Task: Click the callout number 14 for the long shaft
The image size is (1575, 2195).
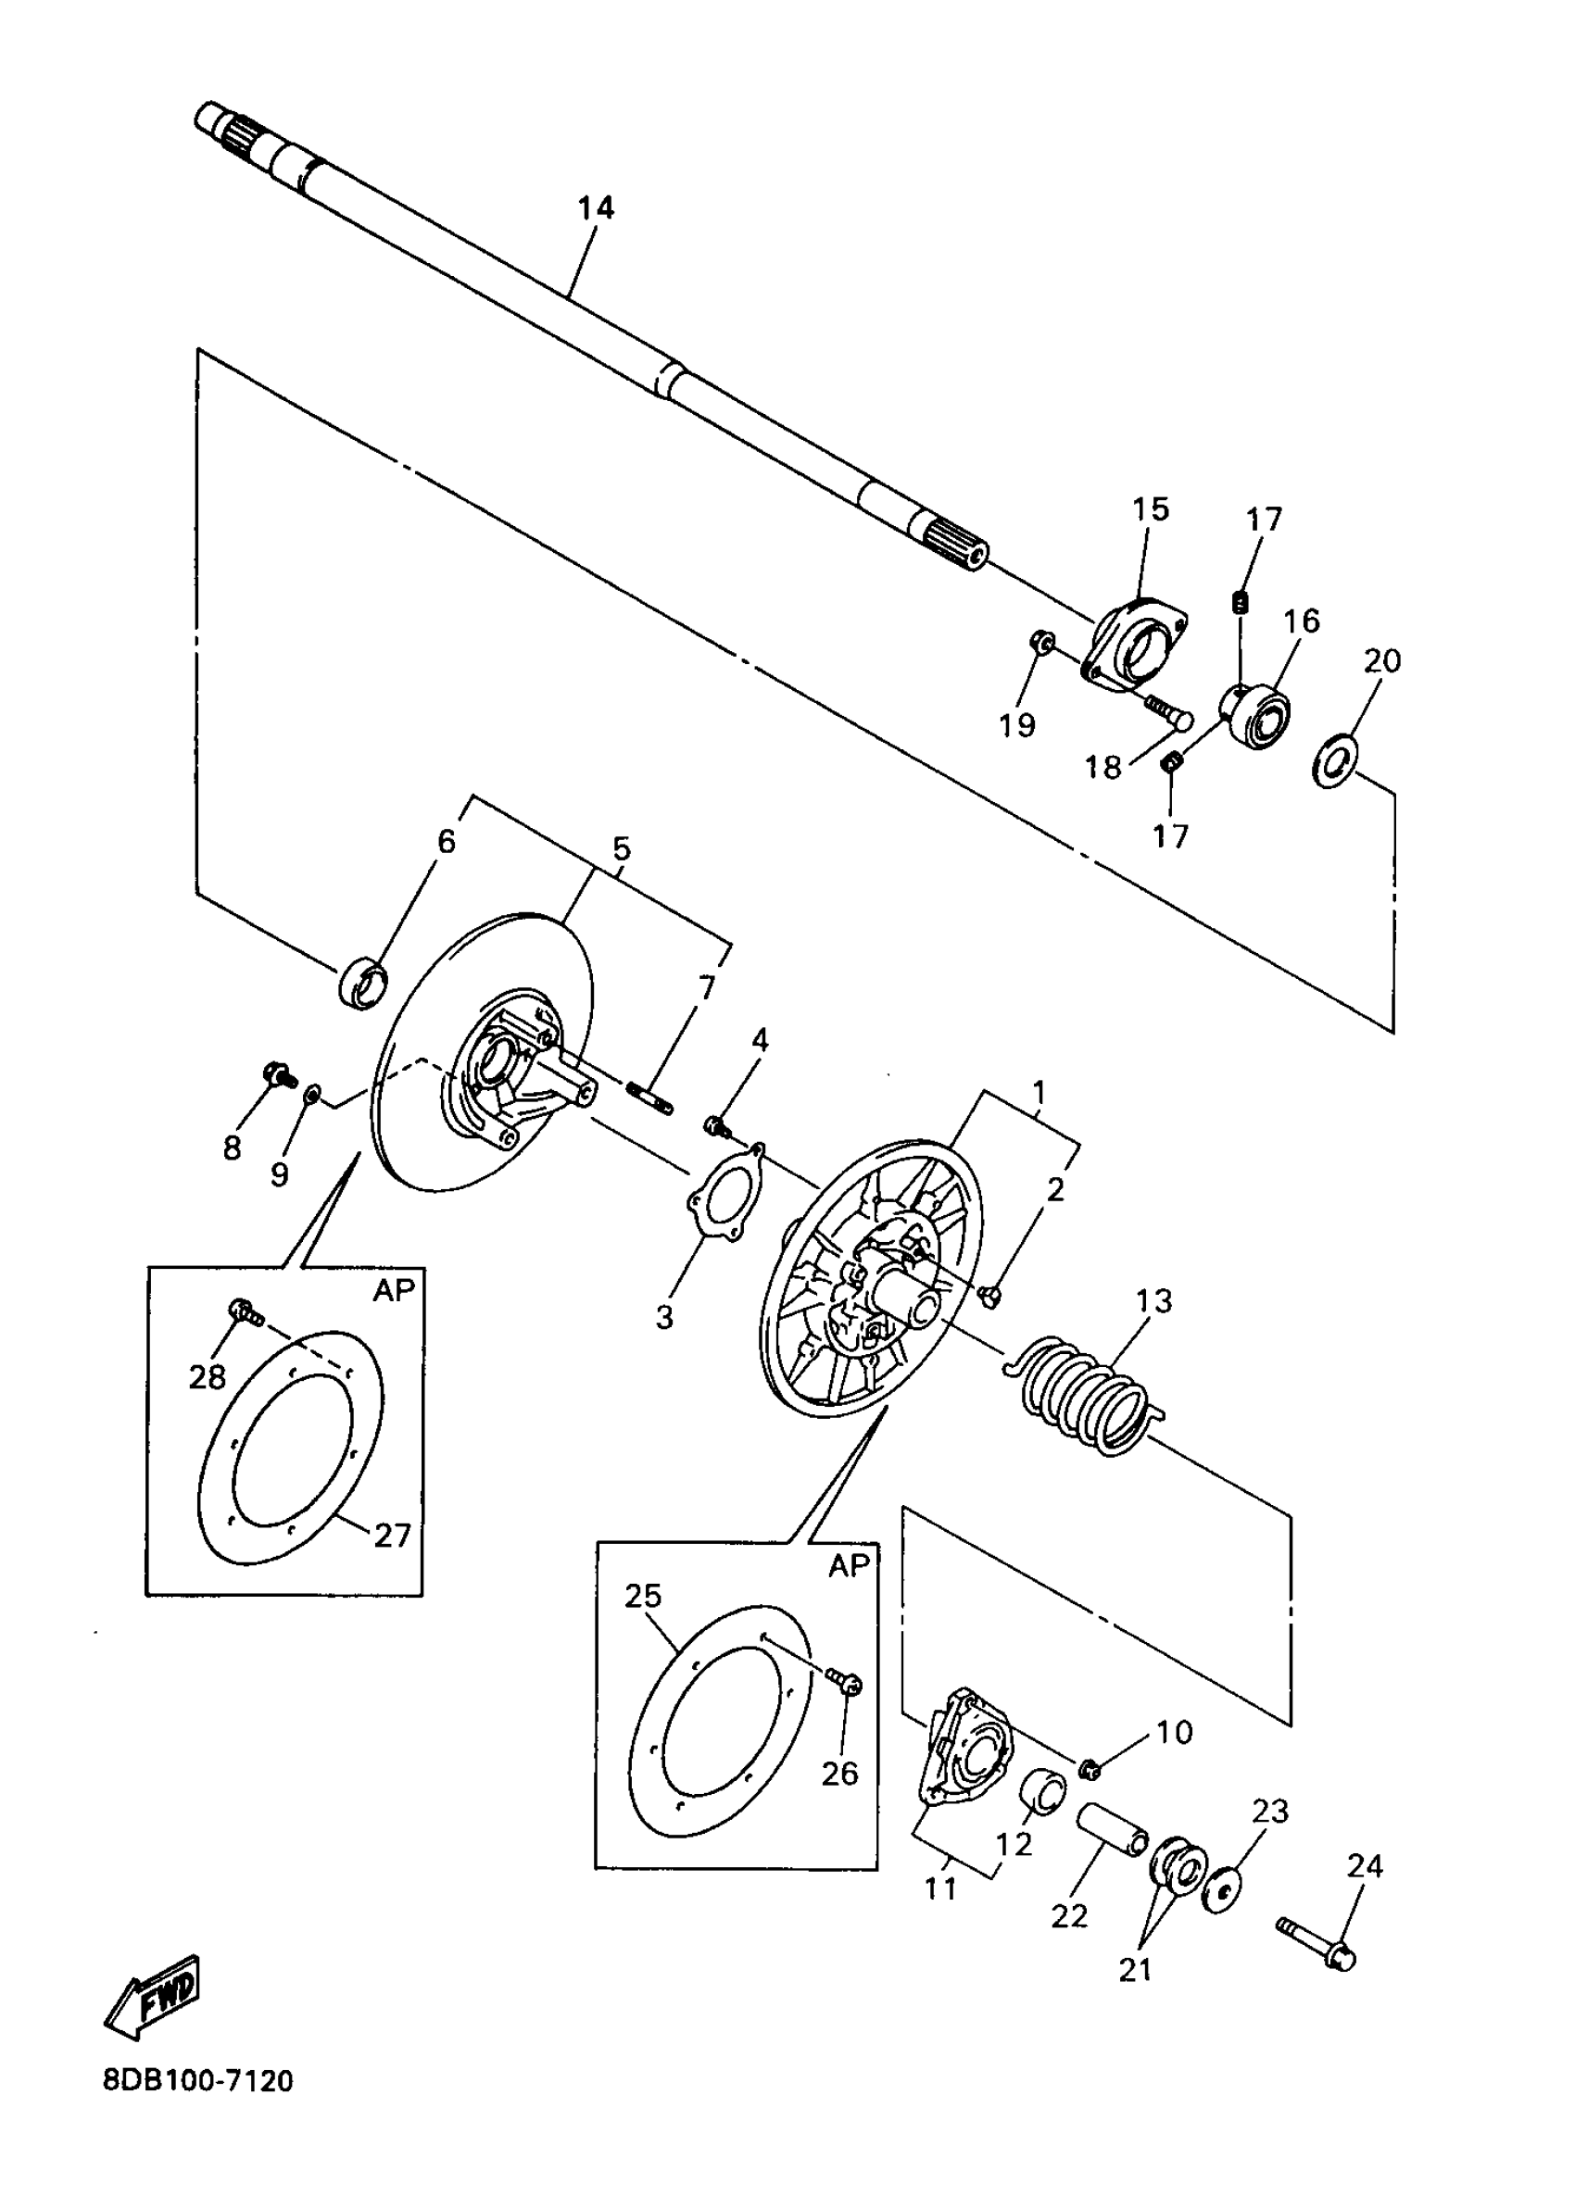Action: pos(596,208)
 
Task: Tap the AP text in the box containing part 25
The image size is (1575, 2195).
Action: pos(849,1566)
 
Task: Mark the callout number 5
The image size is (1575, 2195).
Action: pos(621,848)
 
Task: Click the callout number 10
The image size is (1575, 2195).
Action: pos(1174,1731)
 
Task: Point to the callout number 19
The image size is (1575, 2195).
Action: pos(1017,725)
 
